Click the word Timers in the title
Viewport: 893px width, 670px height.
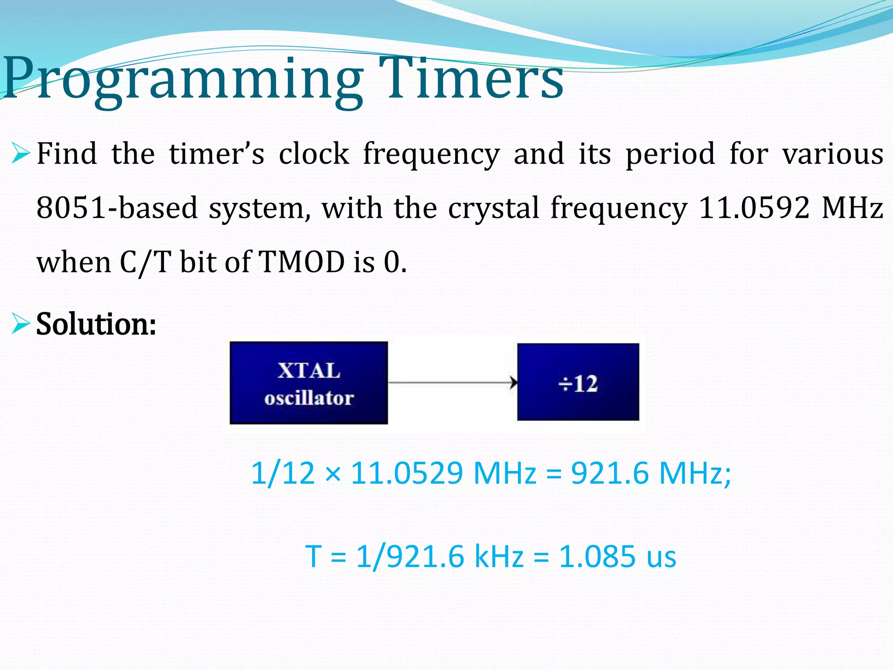471,79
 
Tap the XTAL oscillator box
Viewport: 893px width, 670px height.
309,383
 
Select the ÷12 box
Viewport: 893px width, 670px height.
578,382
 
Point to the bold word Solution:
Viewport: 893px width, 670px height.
96,324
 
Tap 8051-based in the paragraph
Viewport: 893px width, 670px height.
117,208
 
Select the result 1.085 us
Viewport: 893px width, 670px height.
617,557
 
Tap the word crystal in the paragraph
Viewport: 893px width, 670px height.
494,208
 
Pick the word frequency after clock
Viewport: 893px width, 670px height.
431,154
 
